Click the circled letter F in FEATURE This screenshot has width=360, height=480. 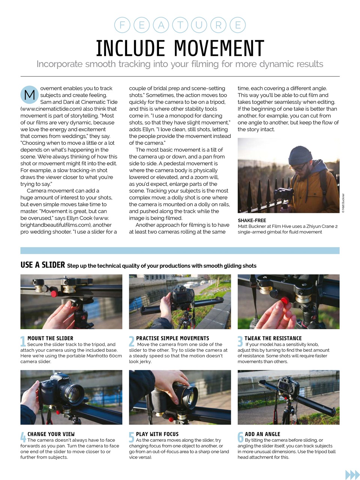pyautogui.click(x=122, y=25)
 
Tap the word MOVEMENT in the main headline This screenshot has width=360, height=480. pyautogui.click(x=219, y=48)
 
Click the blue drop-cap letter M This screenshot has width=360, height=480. pyautogui.click(x=29, y=95)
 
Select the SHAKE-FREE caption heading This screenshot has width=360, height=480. pyautogui.click(x=252, y=220)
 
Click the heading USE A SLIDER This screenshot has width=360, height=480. pyautogui.click(x=43, y=265)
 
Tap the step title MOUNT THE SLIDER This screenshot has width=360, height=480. pyautogui.click(x=50, y=338)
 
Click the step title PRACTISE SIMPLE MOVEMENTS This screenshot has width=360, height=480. pyautogui.click(x=172, y=338)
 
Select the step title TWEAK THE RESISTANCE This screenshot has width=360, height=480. pyautogui.click(x=273, y=338)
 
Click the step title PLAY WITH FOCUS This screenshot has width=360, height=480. pyautogui.click(x=157, y=434)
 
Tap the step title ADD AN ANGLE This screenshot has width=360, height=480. pyautogui.click(x=262, y=434)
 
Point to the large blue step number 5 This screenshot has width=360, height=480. pyautogui.click(x=131, y=437)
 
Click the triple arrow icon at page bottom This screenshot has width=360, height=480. pyautogui.click(x=352, y=474)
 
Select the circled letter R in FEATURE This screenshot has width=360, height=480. pyautogui.click(x=218, y=25)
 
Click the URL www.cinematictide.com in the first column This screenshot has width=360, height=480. pyautogui.click(x=51, y=109)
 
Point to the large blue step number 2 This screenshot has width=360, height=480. pyautogui.click(x=131, y=341)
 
